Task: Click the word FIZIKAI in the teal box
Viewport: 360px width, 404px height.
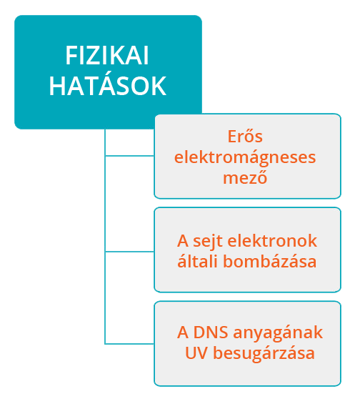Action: pos(107,56)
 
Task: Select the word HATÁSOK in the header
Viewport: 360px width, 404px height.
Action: pos(108,85)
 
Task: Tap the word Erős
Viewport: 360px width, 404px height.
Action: pos(245,136)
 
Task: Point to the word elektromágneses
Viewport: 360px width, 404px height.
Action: pos(245,158)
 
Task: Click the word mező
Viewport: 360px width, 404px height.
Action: pos(245,177)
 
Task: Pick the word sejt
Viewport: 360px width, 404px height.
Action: pos(208,242)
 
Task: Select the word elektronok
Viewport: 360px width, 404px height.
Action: pos(272,241)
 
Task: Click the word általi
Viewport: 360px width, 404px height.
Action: pos(198,260)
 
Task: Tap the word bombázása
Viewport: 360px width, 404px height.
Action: pos(270,261)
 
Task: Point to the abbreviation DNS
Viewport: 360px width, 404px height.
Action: pos(211,332)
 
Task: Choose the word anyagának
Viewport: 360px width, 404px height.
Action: pos(278,333)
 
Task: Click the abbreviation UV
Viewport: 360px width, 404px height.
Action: pos(196,353)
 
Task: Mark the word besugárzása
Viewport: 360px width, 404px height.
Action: pos(264,353)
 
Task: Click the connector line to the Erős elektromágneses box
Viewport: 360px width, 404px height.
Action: pos(130,156)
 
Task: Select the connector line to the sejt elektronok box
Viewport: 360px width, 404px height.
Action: pos(130,251)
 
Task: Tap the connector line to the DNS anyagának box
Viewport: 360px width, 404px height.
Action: pos(130,343)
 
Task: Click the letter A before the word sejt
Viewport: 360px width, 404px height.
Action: pos(182,241)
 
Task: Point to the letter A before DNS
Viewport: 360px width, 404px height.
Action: pos(182,332)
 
